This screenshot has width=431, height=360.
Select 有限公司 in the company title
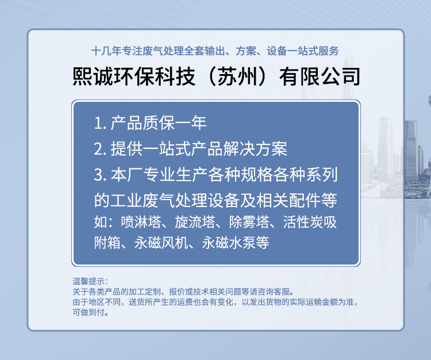coord(320,76)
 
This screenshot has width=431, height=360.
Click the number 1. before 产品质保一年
coord(100,123)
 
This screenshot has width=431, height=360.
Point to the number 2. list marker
coord(100,150)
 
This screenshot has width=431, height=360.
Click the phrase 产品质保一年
coord(159,123)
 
